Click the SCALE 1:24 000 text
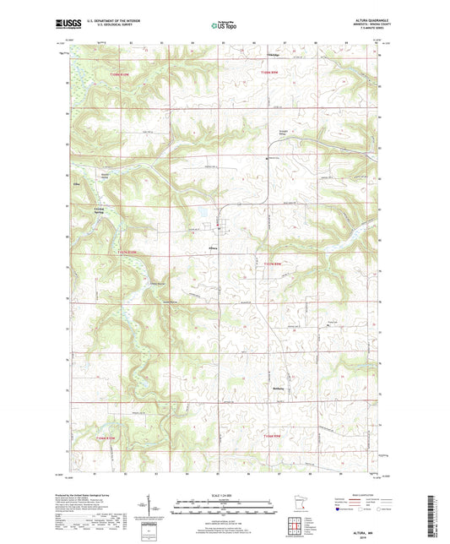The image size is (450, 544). tap(225, 493)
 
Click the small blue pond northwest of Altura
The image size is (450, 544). tap(203, 215)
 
